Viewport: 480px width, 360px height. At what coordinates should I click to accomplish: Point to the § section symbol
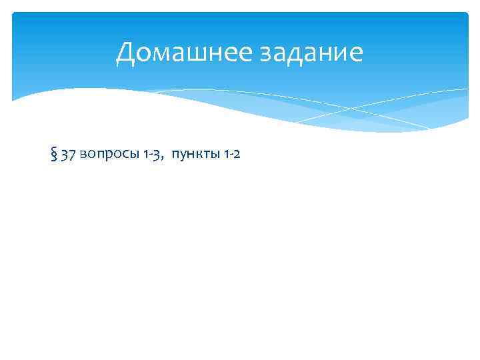(53, 155)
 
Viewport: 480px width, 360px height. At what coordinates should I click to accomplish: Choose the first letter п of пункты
(175, 156)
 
